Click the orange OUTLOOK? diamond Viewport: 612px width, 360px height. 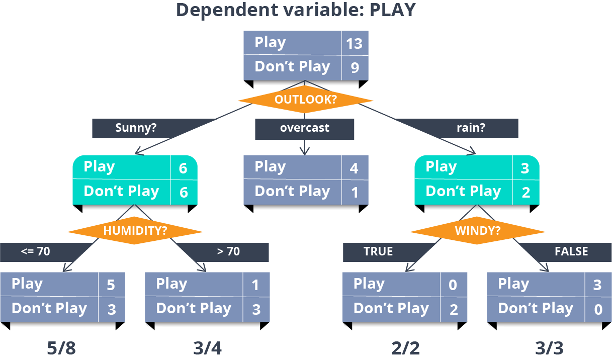pos(305,100)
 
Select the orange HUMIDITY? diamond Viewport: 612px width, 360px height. pos(135,231)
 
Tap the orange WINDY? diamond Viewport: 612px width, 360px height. pos(477,231)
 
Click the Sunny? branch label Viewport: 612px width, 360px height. pos(136,128)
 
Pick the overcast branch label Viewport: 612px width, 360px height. pos(305,128)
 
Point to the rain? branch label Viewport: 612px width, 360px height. pos(471,128)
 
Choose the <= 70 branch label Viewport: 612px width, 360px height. pos(35,251)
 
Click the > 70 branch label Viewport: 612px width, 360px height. pos(228,251)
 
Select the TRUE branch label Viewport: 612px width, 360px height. pos(378,251)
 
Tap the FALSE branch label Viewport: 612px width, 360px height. pos(571,251)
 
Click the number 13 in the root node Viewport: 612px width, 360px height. pos(354,44)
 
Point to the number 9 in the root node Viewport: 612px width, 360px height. pos(355,68)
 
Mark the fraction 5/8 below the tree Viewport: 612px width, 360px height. pos(61,348)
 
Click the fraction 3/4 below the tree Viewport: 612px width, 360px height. pos(207,348)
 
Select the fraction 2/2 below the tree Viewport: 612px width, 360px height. pos(405,348)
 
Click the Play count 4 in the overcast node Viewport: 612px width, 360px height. pos(354,168)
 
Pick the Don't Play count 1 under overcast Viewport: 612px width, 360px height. pos(355,192)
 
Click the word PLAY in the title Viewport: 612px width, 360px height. pos(393,10)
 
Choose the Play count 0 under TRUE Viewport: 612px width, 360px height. pos(453,285)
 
